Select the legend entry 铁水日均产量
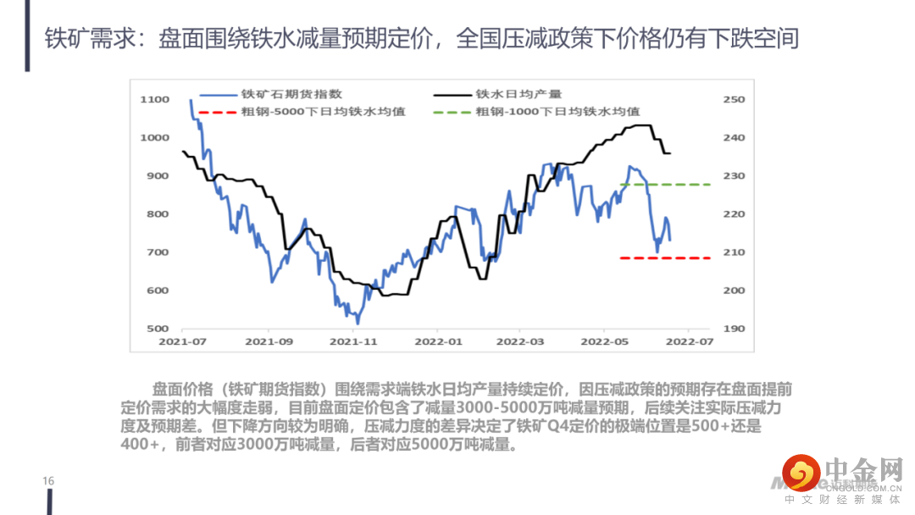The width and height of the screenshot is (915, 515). pos(518,95)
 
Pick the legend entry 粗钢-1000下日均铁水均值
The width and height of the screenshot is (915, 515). pos(557,111)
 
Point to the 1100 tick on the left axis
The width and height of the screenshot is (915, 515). pos(155,100)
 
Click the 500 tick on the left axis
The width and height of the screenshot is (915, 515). pos(158,329)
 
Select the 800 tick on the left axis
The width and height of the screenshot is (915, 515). pos(158,214)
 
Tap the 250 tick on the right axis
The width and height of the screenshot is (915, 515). pos(734,100)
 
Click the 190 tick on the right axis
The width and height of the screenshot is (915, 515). pos(734,329)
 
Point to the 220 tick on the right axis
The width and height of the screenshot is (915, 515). pos(734,214)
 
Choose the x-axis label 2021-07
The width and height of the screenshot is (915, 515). pos(183,342)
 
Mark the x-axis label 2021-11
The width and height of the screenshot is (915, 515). pos(352,342)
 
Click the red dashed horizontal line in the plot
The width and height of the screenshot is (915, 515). pos(665,257)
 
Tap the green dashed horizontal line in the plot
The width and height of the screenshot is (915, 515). pos(665,184)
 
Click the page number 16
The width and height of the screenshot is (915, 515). pos(48,481)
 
